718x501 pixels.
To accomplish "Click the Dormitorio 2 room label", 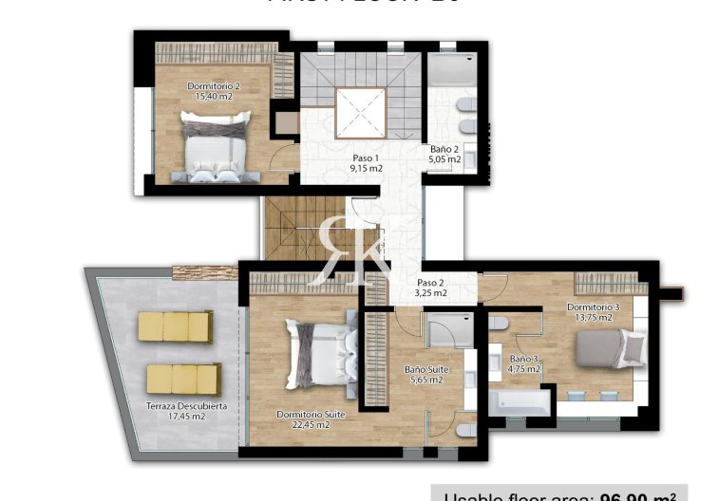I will point(213,85).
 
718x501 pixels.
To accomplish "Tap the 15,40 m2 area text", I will point(213,96).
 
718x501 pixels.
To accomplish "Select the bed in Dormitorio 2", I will point(217,145).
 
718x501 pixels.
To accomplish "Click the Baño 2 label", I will point(444,149).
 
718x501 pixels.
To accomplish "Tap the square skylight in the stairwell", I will point(359,114).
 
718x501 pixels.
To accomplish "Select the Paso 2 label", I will point(430,284).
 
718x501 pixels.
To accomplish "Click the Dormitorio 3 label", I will point(594,306).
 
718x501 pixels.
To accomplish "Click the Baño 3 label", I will point(524,359).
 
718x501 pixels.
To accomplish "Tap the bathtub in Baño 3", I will point(520,401).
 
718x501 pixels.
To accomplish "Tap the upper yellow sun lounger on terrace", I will point(175,326).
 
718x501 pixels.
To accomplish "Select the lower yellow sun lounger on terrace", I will point(183,379).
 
